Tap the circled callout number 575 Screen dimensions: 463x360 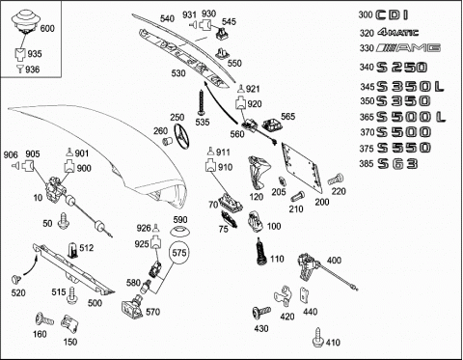[179, 253]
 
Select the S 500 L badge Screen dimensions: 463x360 [411, 117]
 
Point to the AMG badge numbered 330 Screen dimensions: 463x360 [409, 48]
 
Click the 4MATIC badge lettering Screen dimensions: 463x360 [398, 32]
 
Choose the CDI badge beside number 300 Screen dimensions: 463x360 [393, 14]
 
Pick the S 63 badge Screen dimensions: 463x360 [397, 164]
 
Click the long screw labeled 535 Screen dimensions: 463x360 [202, 102]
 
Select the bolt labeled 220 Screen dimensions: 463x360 [336, 179]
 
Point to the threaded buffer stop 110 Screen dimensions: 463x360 [260, 252]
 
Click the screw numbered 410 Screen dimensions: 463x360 [317, 338]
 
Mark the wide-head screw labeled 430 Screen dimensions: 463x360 [261, 313]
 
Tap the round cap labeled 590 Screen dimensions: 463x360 [179, 232]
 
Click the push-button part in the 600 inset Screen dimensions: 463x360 [25, 21]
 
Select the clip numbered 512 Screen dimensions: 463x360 [73, 251]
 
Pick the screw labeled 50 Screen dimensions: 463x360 [64, 221]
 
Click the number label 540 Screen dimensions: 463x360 [167, 18]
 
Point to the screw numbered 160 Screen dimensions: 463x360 [44, 319]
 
